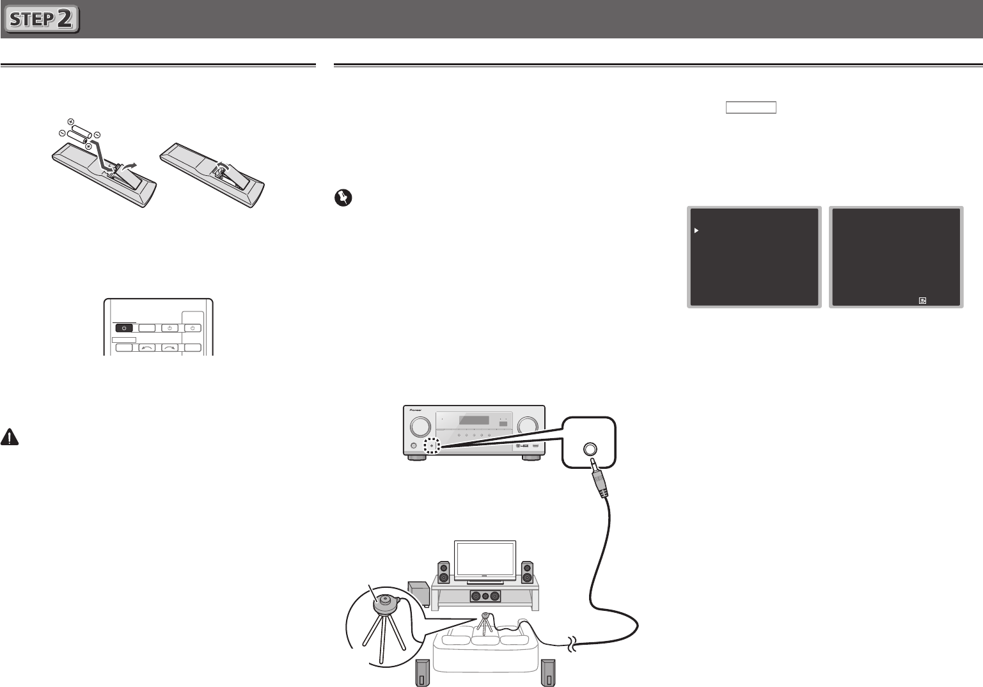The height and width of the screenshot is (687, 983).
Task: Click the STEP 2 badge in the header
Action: click(42, 19)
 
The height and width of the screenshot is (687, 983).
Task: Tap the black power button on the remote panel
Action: click(125, 328)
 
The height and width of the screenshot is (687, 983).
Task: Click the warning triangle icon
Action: click(10, 437)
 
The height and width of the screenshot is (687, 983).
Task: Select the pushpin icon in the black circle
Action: click(343, 198)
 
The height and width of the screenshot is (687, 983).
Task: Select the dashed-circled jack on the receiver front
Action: click(432, 446)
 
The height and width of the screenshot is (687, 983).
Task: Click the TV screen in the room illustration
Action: click(484, 561)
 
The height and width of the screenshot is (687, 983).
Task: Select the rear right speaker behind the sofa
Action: click(547, 673)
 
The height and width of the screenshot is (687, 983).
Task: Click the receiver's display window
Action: click(475, 421)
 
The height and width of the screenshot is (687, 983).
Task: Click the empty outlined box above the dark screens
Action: click(751, 107)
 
